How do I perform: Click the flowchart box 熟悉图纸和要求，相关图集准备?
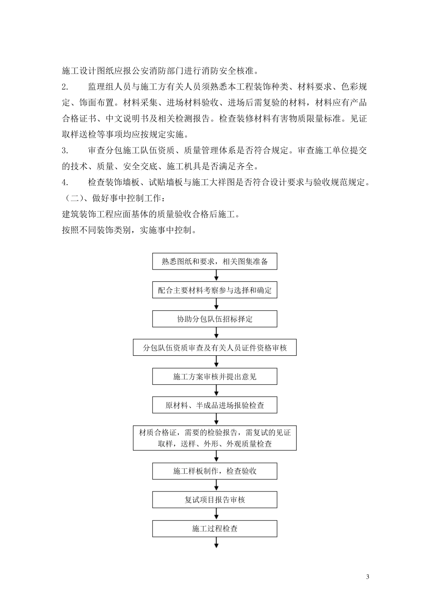tap(215, 262)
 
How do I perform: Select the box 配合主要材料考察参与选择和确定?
tap(215, 290)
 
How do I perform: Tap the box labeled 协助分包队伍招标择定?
tap(215, 319)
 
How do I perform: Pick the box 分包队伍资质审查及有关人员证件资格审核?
tap(215, 348)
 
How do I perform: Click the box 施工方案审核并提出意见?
tap(215, 376)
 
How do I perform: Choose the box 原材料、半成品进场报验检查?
tap(215, 405)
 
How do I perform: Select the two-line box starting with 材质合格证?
tap(215, 438)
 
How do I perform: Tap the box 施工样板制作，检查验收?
tap(215, 471)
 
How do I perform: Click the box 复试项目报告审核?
tap(215, 500)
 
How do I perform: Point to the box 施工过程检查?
tap(215, 528)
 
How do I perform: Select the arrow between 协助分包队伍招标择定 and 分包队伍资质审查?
tap(216, 333)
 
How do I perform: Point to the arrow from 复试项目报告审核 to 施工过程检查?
tap(216, 514)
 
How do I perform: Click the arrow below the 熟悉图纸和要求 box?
tap(216, 276)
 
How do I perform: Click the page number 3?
tap(367, 577)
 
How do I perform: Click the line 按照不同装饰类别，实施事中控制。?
tap(129, 230)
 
